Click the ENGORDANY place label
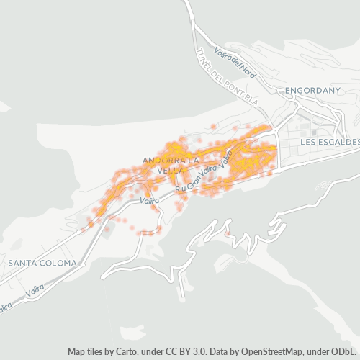312,91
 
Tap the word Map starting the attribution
76,351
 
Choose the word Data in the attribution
220,351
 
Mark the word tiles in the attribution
97,351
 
